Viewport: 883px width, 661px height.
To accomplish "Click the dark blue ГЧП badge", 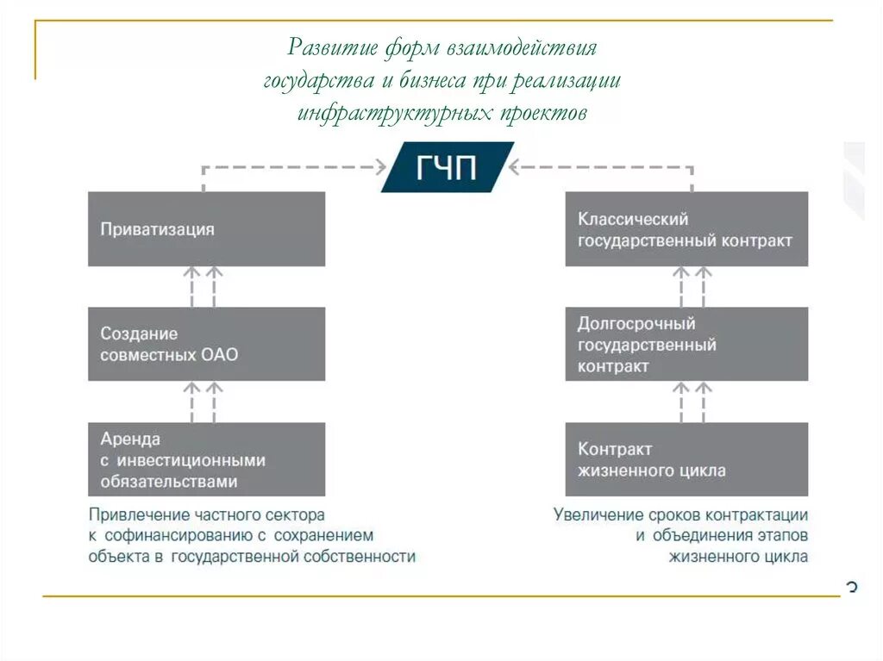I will (447, 166).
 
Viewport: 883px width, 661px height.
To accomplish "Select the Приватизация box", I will (207, 228).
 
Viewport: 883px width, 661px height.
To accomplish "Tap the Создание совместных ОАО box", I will (207, 344).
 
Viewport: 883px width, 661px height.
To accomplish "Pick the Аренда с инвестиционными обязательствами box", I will (207, 459).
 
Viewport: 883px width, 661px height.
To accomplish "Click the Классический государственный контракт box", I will (686, 228).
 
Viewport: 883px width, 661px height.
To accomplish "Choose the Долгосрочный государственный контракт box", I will (686, 344).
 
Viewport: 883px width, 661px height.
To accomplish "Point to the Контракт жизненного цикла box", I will (686, 459).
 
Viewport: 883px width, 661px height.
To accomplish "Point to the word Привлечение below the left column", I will (137, 514).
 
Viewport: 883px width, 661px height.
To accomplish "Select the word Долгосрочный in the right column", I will (636, 324).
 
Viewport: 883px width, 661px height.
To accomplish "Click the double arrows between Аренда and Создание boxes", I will (204, 402).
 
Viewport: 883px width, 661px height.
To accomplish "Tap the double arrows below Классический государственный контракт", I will (692, 286).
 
